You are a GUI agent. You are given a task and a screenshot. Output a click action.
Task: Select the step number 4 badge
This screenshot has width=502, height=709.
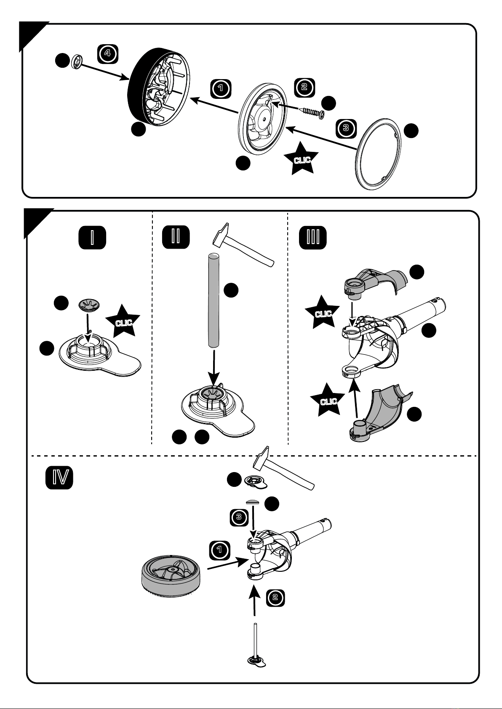(107, 53)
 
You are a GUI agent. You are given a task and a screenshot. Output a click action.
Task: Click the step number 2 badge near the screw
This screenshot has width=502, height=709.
(304, 87)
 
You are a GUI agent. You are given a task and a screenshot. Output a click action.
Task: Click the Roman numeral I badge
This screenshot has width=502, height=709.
(92, 237)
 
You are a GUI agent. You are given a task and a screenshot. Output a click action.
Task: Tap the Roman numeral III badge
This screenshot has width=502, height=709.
(312, 237)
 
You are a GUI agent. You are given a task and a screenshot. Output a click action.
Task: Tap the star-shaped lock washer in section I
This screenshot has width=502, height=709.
(89, 305)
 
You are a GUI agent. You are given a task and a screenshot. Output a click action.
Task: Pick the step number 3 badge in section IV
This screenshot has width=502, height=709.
(239, 517)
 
